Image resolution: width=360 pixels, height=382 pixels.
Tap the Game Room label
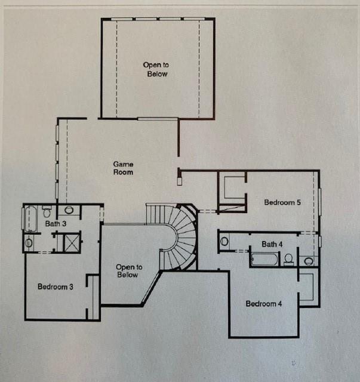coord(124,168)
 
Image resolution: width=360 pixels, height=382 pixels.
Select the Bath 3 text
coord(56,224)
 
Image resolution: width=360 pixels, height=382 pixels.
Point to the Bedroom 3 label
coord(56,286)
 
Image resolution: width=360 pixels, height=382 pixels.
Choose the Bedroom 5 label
coord(282,202)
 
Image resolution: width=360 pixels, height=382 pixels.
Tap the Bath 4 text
coord(272,244)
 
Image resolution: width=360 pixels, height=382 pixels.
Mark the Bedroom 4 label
coord(264,304)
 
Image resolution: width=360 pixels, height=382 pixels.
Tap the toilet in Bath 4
coord(288,259)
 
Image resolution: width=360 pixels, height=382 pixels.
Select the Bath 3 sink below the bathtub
coord(29,243)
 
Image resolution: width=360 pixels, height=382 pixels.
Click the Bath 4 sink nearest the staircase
coord(224,242)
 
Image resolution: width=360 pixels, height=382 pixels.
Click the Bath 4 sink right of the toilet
coord(309,261)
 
